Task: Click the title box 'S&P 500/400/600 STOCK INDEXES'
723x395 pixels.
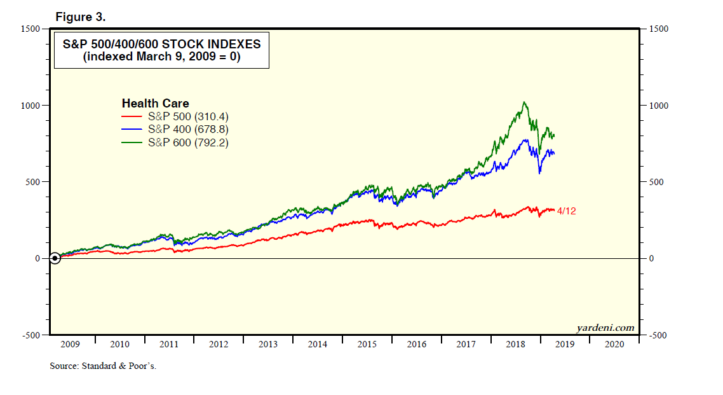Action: click(x=161, y=50)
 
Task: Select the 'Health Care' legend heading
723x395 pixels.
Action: click(x=155, y=104)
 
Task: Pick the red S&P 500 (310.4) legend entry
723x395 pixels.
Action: click(x=175, y=117)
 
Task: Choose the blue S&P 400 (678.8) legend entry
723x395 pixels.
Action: click(x=175, y=130)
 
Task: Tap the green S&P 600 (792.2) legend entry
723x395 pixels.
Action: click(x=175, y=142)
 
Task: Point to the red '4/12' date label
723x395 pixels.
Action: click(x=567, y=211)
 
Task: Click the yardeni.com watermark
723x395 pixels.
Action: click(x=605, y=328)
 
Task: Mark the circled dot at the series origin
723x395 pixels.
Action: click(x=55, y=258)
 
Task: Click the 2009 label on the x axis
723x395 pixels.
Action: click(x=70, y=344)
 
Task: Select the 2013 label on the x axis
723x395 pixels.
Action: click(x=268, y=344)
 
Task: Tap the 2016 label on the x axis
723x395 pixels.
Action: click(x=416, y=344)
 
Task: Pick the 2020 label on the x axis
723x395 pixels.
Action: click(x=614, y=344)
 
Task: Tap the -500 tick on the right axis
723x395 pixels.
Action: click(x=657, y=335)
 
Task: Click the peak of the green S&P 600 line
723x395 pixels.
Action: click(x=524, y=102)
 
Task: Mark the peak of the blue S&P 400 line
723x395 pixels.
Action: click(x=526, y=140)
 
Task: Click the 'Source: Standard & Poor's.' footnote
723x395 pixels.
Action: click(x=103, y=366)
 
